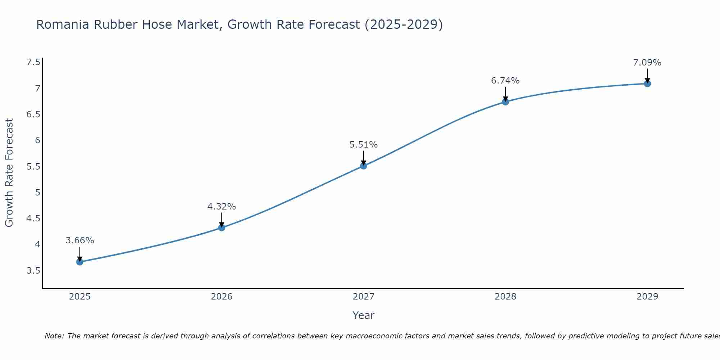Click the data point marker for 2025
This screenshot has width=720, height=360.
pos(80,262)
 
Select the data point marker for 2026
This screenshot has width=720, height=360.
pos(221,228)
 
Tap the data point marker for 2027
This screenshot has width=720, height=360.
pos(363,166)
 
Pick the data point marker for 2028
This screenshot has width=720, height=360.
pos(505,102)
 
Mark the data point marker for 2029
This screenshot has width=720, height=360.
pos(647,84)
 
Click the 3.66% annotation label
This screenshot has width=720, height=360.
pos(80,240)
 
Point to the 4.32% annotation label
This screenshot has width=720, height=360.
pos(221,207)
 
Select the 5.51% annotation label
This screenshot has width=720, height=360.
pos(363,145)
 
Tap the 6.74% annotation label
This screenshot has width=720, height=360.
pos(505,81)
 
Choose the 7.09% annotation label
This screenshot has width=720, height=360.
pos(647,63)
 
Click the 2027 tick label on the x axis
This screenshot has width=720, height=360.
pos(363,297)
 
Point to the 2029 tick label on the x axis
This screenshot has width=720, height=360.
pos(647,297)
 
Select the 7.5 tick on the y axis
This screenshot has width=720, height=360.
pos(33,63)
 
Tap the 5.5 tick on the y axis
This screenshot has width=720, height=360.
pos(33,167)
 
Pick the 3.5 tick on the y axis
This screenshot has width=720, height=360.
pos(33,271)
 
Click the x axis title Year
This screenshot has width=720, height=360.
pos(363,315)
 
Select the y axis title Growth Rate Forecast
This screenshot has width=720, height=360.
pos(9,173)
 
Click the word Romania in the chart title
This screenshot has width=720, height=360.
pos(63,25)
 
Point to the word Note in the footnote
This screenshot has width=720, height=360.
pos(54,336)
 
